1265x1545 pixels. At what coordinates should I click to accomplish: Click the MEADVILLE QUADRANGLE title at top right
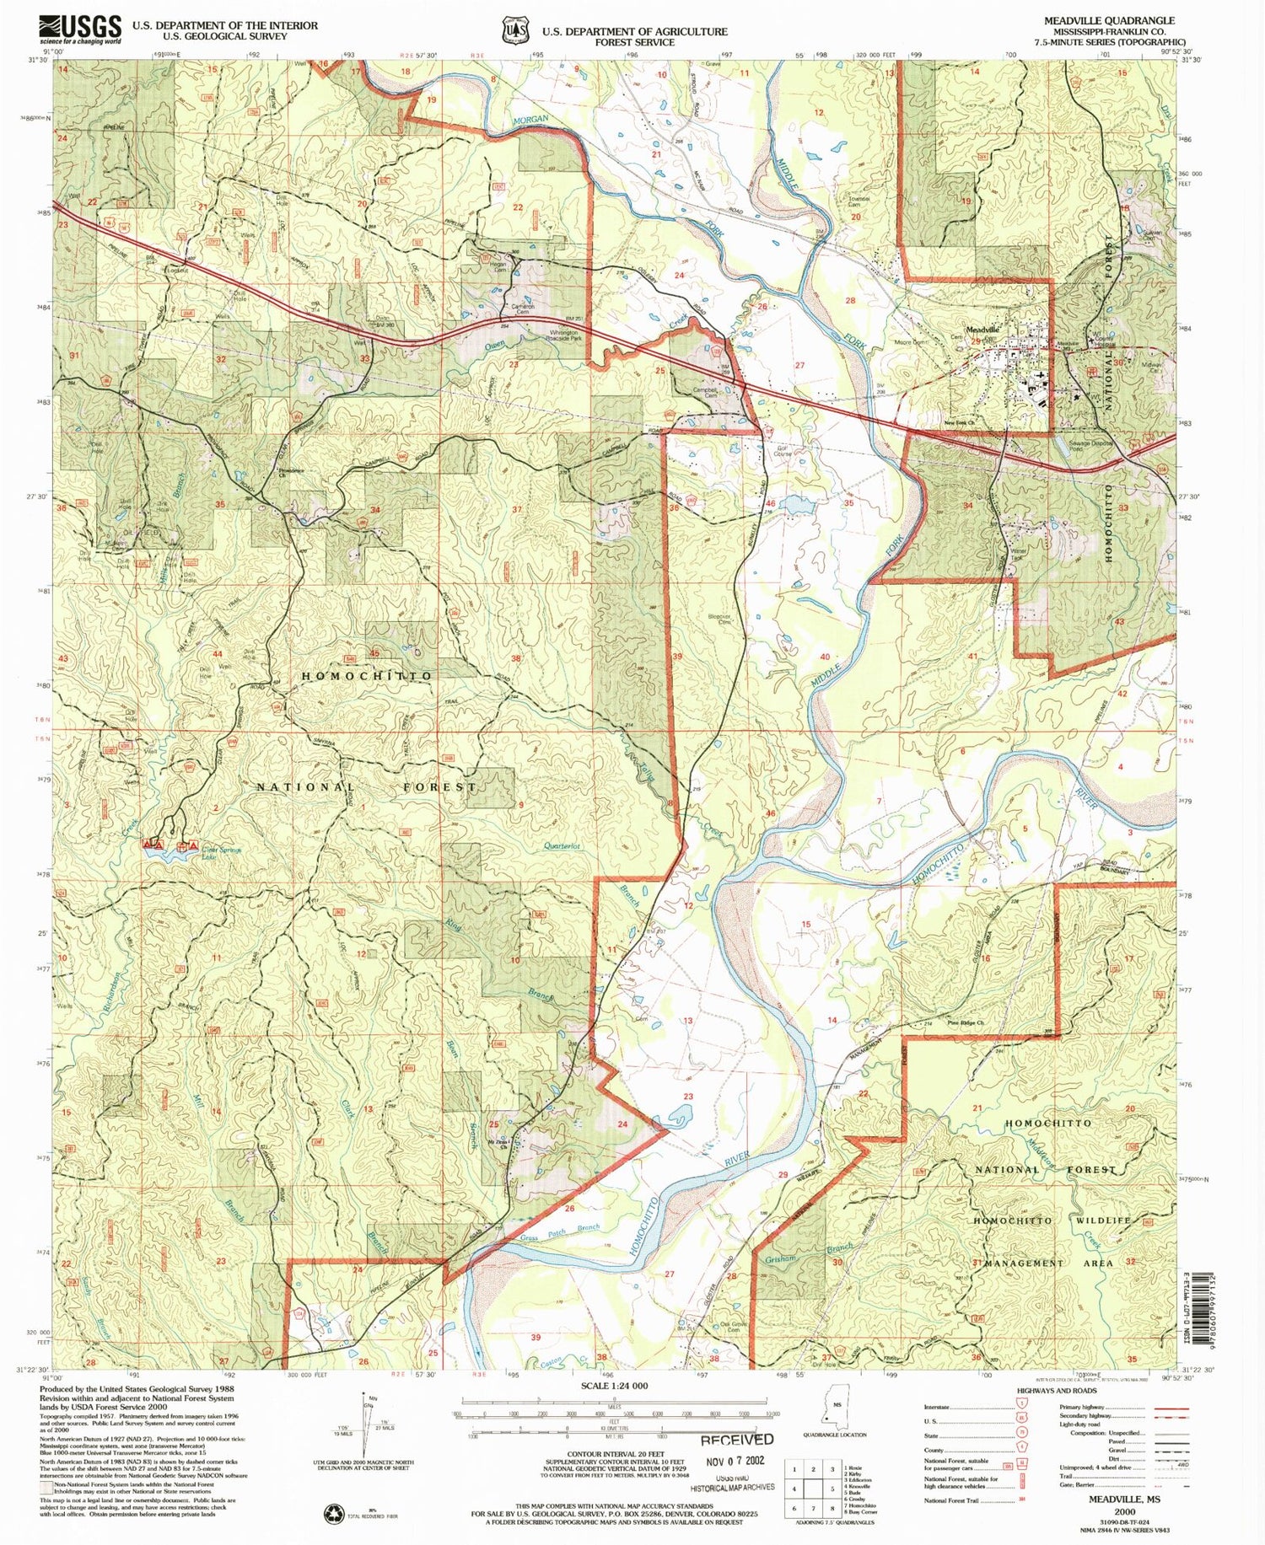[x=1108, y=20]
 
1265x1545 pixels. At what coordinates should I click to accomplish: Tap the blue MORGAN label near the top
[x=528, y=121]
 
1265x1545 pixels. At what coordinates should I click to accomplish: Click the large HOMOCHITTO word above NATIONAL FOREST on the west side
[x=367, y=676]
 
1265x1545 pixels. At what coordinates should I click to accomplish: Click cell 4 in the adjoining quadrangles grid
[x=794, y=1489]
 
